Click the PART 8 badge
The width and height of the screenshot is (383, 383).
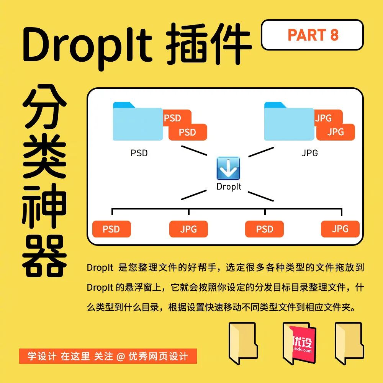click(x=312, y=35)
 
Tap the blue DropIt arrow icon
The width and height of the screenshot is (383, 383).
click(x=228, y=168)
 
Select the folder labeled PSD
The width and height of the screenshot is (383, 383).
click(x=138, y=121)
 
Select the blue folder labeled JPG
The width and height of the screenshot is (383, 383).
click(x=289, y=121)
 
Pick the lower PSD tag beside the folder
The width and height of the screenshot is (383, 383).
click(x=188, y=132)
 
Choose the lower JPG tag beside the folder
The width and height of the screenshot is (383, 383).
click(x=336, y=132)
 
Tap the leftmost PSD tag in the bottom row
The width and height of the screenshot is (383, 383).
click(x=111, y=229)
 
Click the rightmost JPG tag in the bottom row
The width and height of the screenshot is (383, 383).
click(x=340, y=229)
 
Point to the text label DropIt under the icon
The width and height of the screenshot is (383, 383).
click(x=229, y=187)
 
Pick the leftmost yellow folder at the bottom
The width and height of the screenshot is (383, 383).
click(x=243, y=343)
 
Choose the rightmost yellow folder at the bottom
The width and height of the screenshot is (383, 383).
click(x=349, y=343)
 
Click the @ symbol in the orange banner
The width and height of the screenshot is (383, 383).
click(x=121, y=356)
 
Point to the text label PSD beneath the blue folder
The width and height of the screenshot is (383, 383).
click(x=139, y=153)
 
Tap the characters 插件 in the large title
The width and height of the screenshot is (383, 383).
click(x=209, y=44)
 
